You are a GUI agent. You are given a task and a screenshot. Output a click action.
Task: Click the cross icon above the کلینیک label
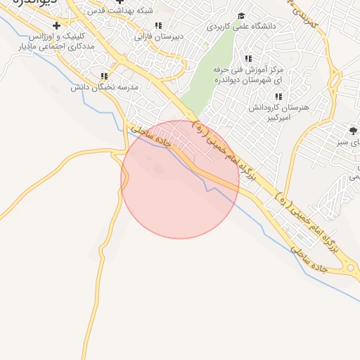[x=56, y=25]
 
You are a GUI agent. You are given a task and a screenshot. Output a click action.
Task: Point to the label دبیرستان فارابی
[x=159, y=35]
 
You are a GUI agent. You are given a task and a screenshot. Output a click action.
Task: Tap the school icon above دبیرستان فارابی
[x=158, y=25]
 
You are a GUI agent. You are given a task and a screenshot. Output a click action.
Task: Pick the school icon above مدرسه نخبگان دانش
[x=105, y=76]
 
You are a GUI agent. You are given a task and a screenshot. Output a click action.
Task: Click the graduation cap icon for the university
[x=241, y=15]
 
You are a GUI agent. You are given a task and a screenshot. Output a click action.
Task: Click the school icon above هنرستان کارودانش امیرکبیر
[x=278, y=96]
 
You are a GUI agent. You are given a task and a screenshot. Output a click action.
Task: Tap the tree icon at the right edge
[x=352, y=131]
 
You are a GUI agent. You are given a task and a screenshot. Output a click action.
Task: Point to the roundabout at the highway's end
[x=351, y=269]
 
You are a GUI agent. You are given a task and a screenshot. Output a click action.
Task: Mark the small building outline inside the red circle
[x=157, y=169]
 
